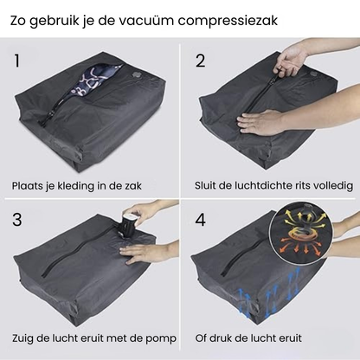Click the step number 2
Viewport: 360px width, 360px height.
201,61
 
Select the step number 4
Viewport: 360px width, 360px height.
202,219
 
